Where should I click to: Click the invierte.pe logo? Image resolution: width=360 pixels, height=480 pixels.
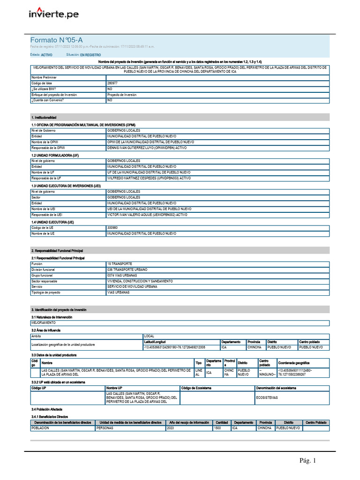pos(53,14)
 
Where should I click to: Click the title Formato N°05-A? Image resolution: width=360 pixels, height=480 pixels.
pos(57,40)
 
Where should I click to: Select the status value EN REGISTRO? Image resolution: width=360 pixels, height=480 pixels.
pos(90,55)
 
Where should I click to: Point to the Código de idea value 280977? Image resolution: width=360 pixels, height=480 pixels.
pos(113,83)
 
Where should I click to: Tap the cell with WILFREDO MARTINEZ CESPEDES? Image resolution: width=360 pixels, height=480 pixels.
pos(149,178)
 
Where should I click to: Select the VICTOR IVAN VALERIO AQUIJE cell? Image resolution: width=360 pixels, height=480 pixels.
pos(147,215)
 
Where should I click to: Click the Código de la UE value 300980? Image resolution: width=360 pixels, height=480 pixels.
pos(113,227)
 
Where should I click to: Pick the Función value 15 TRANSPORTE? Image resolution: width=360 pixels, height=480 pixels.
pos(120,264)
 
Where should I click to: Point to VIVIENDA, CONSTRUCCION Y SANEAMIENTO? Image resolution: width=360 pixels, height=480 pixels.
pos(140,281)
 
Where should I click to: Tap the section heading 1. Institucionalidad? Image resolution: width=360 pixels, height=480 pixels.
pos(44,117)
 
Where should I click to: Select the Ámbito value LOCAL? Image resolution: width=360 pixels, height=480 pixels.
pos(149,336)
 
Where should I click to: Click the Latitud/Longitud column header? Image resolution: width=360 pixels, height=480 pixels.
pos(155,342)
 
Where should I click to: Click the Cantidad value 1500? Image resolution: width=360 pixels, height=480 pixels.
pos(217,428)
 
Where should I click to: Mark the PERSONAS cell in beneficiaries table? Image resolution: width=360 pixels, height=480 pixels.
pos(105,428)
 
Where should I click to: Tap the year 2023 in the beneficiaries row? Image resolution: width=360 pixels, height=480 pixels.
pos(171,428)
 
